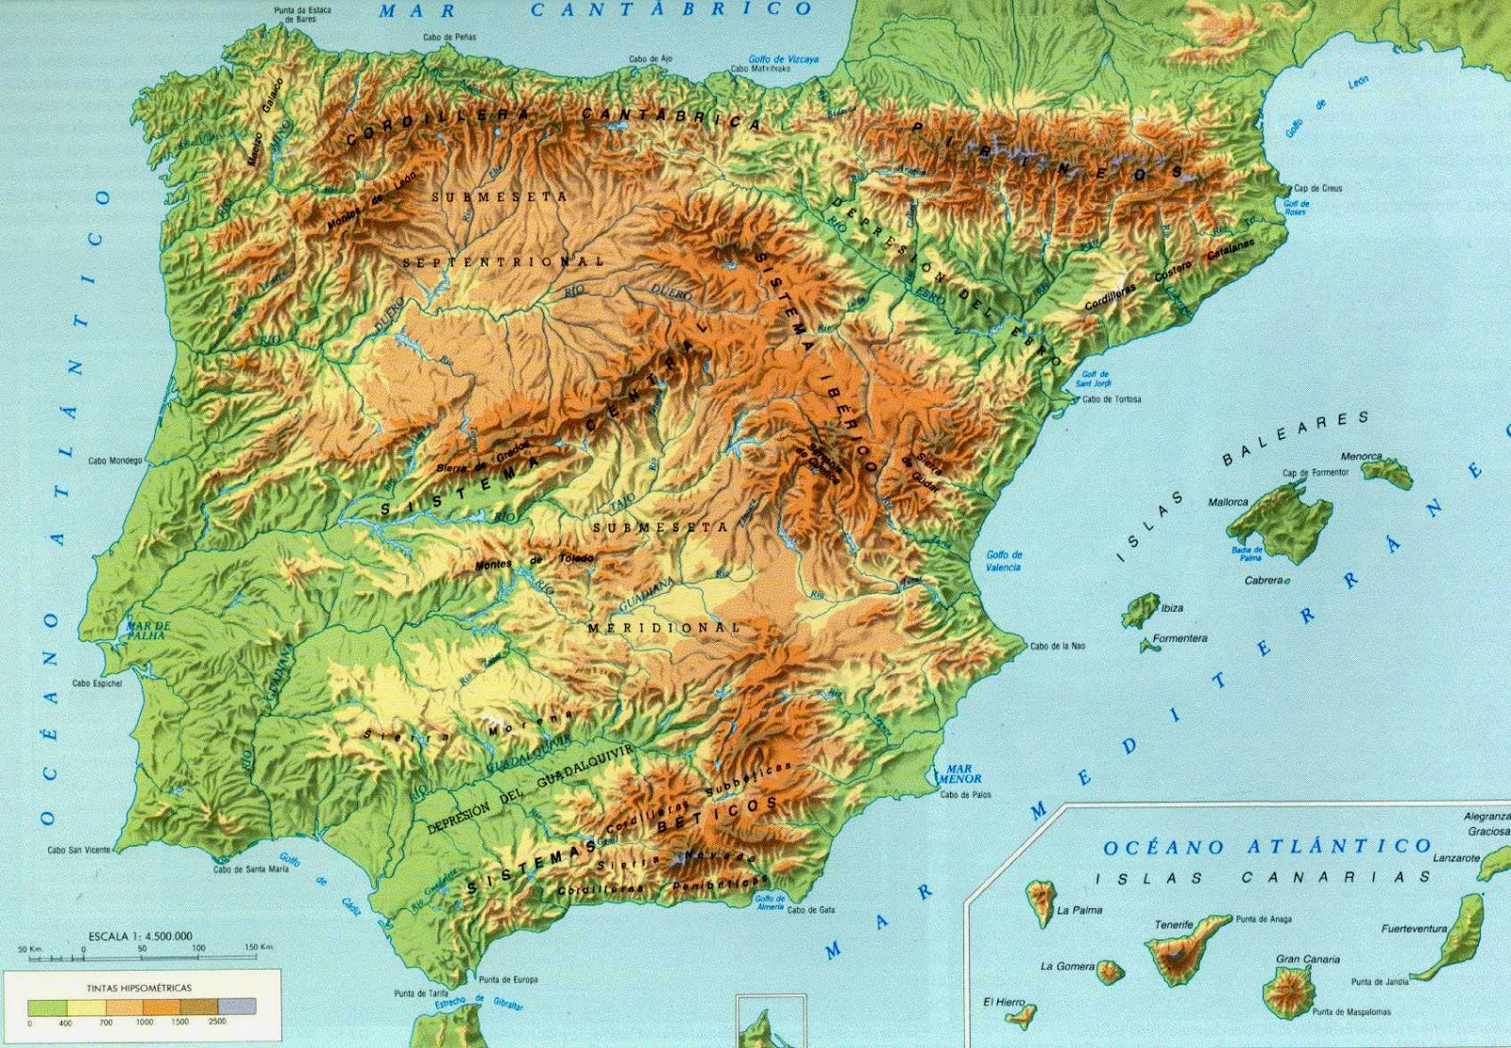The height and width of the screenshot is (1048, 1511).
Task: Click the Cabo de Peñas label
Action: coord(450,38)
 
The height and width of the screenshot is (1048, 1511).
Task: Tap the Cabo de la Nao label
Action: coord(1058,647)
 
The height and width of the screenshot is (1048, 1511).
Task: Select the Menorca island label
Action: coord(1361,457)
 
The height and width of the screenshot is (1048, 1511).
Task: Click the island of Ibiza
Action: coord(1141,609)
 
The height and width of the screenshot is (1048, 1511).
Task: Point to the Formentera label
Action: coord(1180,638)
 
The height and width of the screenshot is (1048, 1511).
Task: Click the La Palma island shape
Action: coord(1041,901)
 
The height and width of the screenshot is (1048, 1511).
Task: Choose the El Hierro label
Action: coord(1003,1002)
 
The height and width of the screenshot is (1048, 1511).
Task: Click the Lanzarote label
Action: coord(1456,858)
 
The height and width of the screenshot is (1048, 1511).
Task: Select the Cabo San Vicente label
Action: coord(78,850)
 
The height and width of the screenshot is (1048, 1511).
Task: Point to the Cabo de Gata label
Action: coord(810,910)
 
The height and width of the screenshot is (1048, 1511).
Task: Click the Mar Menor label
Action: coord(960,774)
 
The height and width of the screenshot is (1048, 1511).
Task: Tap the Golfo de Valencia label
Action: coord(1003,561)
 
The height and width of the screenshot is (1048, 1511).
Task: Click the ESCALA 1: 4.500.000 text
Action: coord(140,936)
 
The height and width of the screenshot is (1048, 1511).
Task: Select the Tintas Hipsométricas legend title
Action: coord(139,988)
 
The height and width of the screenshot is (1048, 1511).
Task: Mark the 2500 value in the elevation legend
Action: coord(218,1022)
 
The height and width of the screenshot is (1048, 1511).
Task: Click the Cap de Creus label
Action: coord(1317,189)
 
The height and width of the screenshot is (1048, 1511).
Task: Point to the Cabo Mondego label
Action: coord(114,461)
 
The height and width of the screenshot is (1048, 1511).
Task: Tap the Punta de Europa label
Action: coord(508,979)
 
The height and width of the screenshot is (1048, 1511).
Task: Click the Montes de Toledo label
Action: coord(535,561)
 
